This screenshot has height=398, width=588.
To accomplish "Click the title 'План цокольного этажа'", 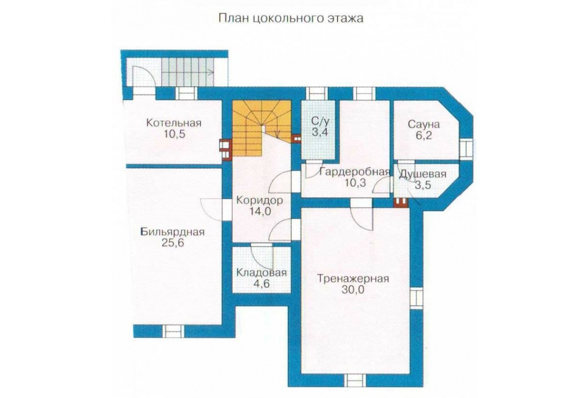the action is click(x=290, y=18).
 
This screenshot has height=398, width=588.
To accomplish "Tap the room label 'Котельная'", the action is click(x=174, y=122).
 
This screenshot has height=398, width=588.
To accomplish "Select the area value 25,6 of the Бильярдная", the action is click(x=173, y=243).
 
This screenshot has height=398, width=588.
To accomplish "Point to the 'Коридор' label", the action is click(x=260, y=200).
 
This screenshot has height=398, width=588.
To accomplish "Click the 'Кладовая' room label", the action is click(x=261, y=272).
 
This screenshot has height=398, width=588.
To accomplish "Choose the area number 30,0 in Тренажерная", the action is click(x=353, y=290).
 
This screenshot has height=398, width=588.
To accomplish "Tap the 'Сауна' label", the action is click(x=424, y=124).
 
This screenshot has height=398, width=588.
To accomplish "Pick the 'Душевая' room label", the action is click(x=422, y=175).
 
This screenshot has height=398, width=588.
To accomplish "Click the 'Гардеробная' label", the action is click(x=355, y=172).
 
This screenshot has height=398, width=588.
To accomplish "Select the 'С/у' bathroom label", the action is click(x=320, y=121).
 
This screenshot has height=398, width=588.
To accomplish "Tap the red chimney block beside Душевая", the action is click(x=400, y=202).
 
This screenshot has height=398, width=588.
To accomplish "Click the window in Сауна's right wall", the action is click(x=466, y=148).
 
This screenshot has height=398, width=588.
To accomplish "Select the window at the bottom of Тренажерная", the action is click(x=355, y=380).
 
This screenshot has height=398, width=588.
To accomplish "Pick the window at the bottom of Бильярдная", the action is click(x=173, y=332).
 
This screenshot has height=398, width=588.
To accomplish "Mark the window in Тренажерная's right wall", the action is click(x=416, y=298).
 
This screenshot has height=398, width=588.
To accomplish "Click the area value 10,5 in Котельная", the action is click(x=174, y=134).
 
